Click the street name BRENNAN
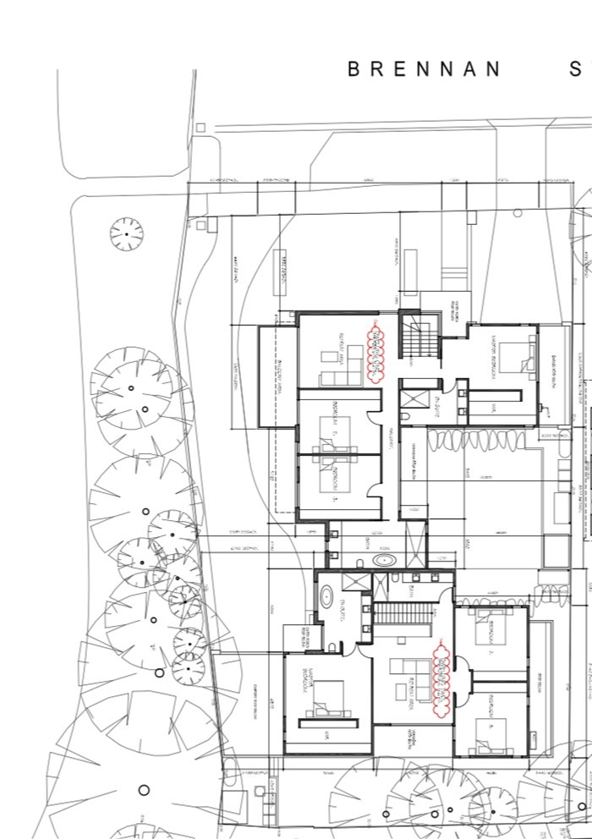pyautogui.click(x=425, y=69)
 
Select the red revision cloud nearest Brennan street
pyautogui.click(x=375, y=346)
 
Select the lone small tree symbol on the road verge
pyautogui.click(x=126, y=233)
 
